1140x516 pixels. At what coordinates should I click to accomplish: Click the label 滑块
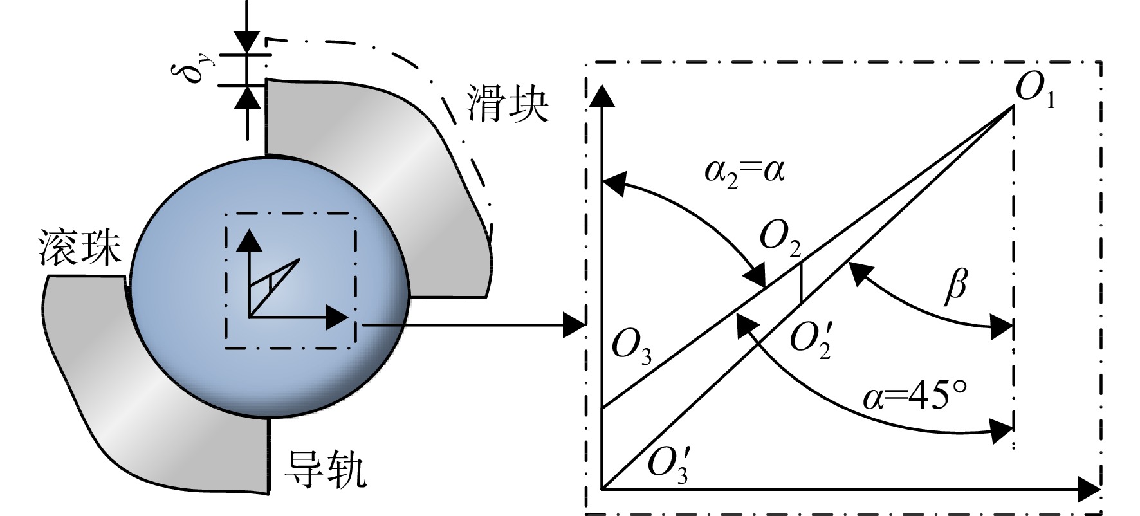[x=508, y=106]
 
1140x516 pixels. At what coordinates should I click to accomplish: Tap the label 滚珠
[x=80, y=249]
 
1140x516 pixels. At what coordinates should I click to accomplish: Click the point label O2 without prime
[x=780, y=239]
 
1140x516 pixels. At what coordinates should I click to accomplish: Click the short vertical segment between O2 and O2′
[x=800, y=282]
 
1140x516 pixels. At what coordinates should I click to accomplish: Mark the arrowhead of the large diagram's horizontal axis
[x=1088, y=490]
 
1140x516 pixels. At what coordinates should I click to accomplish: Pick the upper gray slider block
[x=376, y=187]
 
